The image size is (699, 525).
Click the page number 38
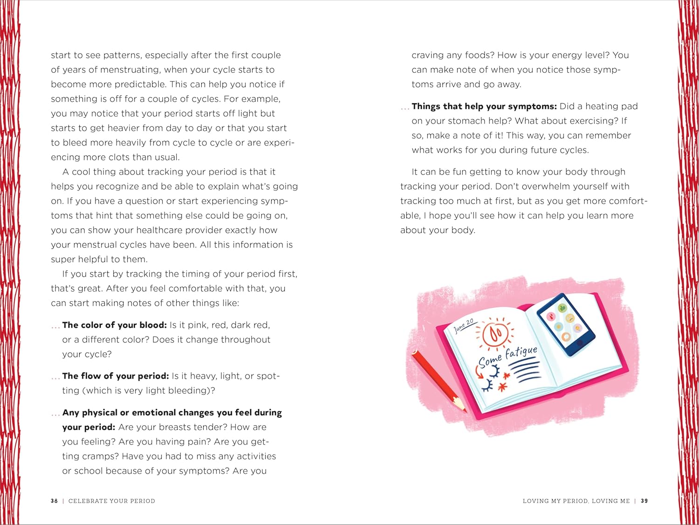coord(54,501)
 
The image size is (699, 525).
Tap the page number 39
coord(644,501)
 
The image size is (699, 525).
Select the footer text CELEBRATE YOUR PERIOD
coord(112,501)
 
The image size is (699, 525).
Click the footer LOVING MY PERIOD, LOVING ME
coord(576,501)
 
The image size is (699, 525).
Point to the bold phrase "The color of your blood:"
coord(114,325)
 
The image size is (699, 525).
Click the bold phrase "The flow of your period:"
coord(116,376)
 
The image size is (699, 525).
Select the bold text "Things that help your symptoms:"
coord(484,106)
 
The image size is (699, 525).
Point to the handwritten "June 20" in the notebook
coord(464,326)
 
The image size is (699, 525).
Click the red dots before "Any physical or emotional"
coord(55,413)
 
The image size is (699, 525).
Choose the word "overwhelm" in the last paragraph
coord(546,186)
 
